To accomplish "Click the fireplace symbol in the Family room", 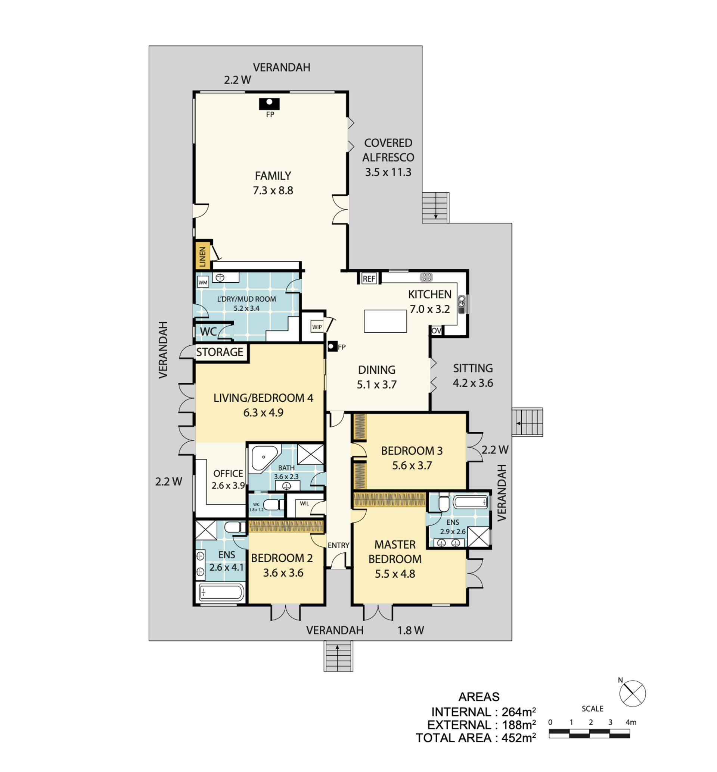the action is tap(269, 104).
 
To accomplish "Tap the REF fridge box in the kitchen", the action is tap(369, 278).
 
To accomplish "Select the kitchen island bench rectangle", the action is tap(385, 321).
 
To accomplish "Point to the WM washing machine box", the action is tap(203, 282).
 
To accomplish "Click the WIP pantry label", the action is tap(317, 327).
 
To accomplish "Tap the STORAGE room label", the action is tap(220, 352).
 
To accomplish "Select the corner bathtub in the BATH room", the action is tap(264, 458).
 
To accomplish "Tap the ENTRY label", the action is tap(338, 545).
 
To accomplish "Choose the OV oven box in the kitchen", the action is tap(437, 330).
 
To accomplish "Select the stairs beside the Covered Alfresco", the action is tap(435, 207).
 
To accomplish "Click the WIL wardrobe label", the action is tap(305, 503).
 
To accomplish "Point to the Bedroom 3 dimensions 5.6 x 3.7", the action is tap(412, 465).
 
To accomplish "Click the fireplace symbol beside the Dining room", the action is tap(332, 346).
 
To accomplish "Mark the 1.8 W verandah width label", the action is tap(410, 631).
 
